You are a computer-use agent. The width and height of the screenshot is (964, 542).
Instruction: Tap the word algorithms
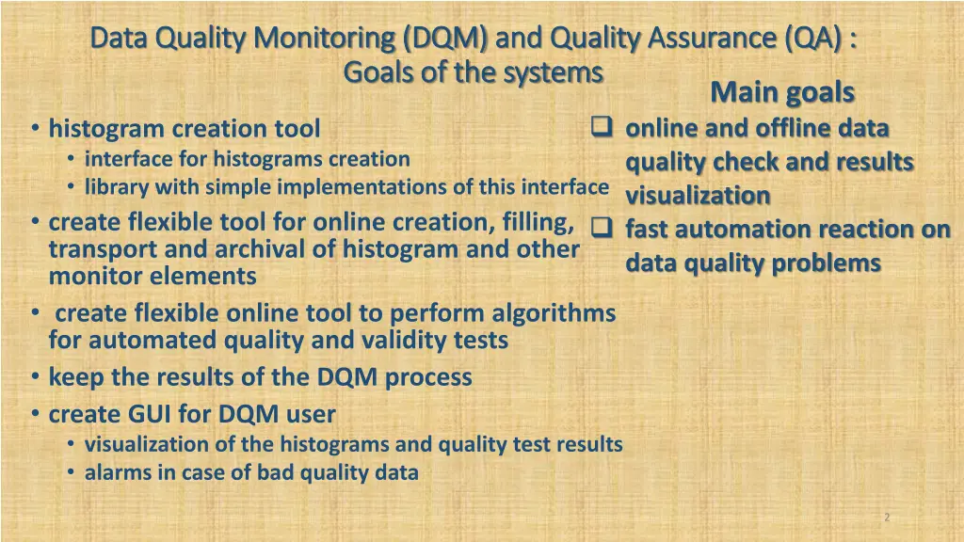tap(555, 312)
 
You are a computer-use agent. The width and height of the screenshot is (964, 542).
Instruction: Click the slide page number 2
tap(887, 518)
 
